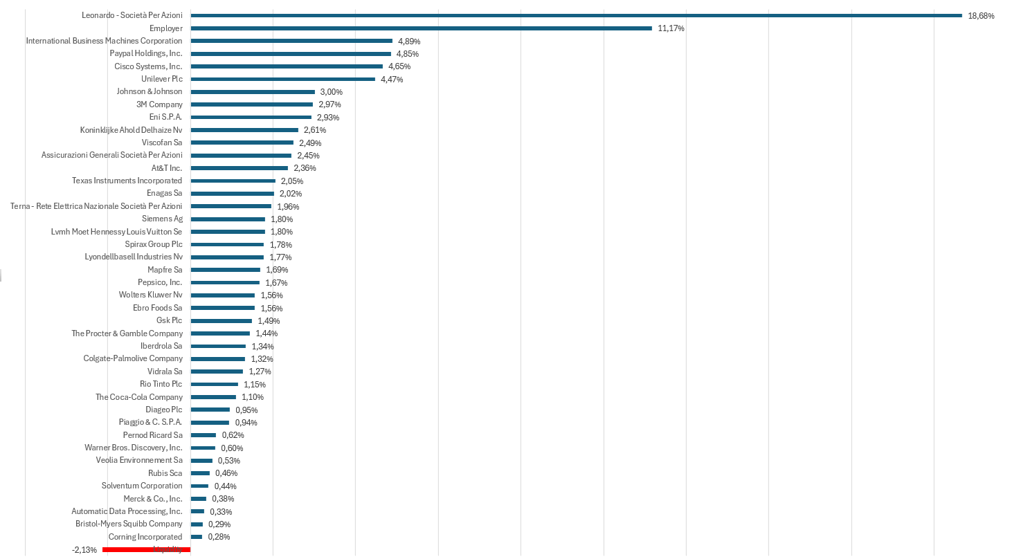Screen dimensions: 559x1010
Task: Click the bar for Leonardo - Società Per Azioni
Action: pos(576,15)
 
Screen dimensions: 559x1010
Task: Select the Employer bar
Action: pos(421,28)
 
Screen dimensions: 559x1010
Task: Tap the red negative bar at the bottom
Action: pos(146,549)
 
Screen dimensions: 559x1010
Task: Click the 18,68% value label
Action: pos(981,16)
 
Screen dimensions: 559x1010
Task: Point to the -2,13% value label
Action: pos(84,550)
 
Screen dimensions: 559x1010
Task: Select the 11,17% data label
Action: pos(671,28)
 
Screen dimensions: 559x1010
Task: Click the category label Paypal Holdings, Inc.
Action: pos(145,53)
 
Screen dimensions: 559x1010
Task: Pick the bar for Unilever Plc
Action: pos(282,79)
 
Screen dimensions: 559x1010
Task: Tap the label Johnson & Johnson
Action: pos(149,91)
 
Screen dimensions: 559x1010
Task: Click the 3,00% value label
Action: pos(331,92)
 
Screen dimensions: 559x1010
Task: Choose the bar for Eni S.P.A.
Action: pos(251,117)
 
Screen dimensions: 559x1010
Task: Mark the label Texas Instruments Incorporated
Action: pos(127,181)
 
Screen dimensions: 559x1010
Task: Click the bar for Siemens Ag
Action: pos(228,219)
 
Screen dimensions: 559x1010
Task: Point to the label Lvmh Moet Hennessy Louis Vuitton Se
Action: pos(116,232)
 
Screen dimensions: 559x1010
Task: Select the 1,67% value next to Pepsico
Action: pos(276,283)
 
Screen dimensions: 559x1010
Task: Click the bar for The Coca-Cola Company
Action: pos(213,397)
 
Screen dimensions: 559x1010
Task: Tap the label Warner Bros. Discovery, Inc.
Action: pos(133,448)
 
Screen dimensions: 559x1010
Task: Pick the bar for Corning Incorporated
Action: pos(196,537)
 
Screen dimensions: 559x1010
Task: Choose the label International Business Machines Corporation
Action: pos(104,41)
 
